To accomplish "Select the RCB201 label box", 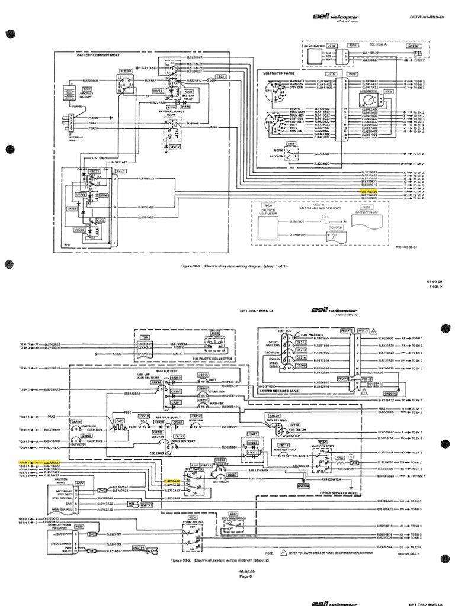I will [x=125, y=70].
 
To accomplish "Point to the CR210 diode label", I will [x=175, y=146].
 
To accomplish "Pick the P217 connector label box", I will [x=121, y=170].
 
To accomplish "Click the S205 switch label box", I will [x=291, y=144].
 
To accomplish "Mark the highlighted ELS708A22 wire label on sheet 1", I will [x=369, y=192].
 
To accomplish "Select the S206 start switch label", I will [x=215, y=333].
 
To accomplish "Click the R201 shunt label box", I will [x=120, y=420].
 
